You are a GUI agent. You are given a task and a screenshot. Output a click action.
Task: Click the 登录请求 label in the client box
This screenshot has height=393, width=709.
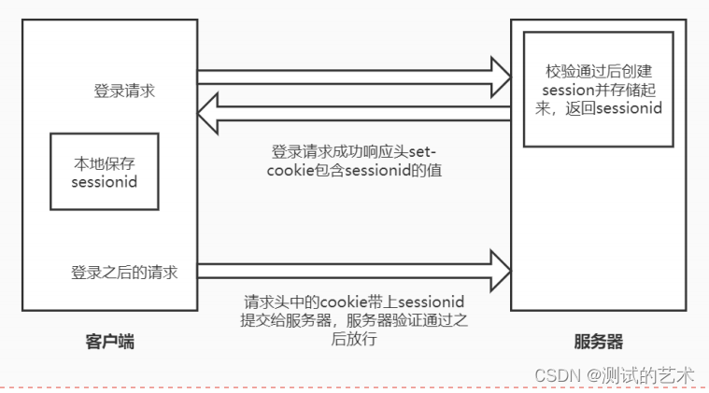[x=124, y=91]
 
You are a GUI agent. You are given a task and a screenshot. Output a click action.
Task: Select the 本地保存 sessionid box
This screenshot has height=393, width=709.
[x=105, y=172]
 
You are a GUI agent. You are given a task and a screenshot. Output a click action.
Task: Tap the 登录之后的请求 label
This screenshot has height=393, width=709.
[x=124, y=273]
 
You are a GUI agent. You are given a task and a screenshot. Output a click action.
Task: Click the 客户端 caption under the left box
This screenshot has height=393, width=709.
[x=105, y=342]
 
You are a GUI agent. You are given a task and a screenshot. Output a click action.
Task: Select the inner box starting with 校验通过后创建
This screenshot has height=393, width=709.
[x=598, y=88]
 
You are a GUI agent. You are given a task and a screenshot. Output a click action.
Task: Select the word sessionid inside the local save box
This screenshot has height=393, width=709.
[x=105, y=181]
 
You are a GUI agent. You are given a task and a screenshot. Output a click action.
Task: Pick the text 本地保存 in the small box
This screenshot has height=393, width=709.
[x=105, y=162]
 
